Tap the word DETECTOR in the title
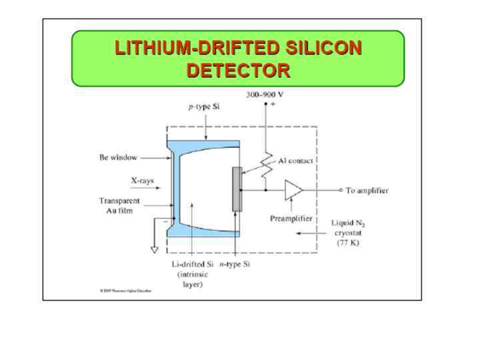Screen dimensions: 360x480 [x=238, y=70]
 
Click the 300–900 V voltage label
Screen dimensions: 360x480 [x=265, y=95]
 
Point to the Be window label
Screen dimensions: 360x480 [x=119, y=158]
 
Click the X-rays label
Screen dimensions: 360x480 [x=142, y=180]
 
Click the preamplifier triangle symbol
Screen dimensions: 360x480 [x=292, y=190]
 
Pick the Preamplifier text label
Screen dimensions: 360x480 [x=293, y=218]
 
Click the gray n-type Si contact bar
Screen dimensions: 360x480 [x=237, y=189]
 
